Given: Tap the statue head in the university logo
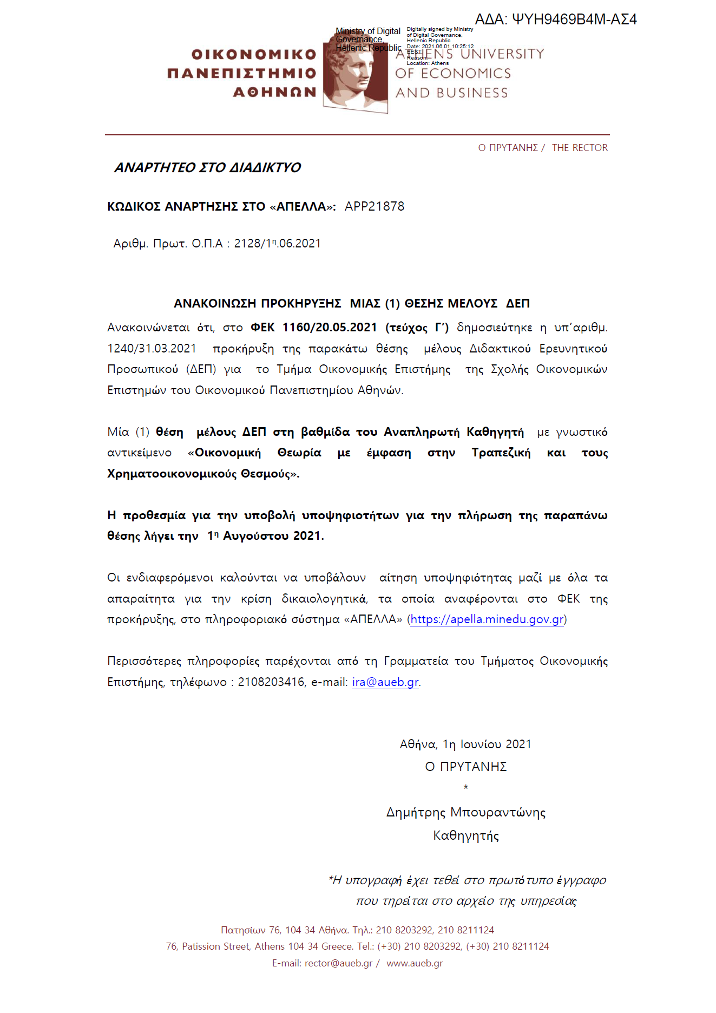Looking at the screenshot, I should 358,73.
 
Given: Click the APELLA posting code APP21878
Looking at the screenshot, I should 375,206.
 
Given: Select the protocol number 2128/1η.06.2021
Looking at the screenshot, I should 277,244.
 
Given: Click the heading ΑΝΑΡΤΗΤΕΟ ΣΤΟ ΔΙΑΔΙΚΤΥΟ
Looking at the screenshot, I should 207,168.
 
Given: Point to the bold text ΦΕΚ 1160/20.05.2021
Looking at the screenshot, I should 314,328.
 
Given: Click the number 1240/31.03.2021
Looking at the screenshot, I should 152,348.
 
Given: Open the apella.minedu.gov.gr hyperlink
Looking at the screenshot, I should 487,619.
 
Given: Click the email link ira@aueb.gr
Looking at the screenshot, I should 385,682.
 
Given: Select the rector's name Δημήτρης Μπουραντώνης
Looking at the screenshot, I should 466,812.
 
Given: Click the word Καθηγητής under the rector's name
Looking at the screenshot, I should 466,835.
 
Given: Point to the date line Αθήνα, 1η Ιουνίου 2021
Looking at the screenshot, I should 465,744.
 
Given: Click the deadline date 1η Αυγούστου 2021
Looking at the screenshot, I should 265,536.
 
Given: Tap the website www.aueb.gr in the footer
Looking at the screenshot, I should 415,963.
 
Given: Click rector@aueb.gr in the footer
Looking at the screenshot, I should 338,963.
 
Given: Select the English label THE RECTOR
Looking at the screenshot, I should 580,148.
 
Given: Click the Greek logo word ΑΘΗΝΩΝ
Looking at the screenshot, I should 275,93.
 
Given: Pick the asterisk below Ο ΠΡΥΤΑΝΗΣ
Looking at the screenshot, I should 466,787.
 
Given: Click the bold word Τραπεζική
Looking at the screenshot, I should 501,453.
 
